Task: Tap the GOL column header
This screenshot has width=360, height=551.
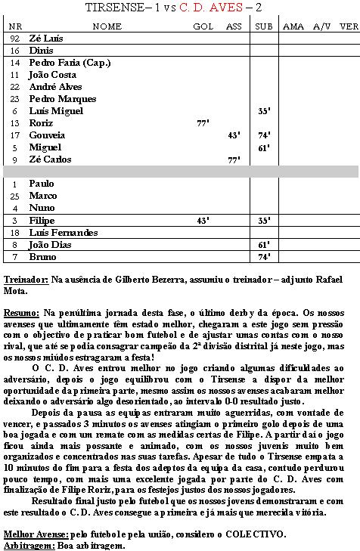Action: click(x=203, y=26)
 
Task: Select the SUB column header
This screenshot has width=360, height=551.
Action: click(x=264, y=26)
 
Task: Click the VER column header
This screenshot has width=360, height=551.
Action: click(x=349, y=26)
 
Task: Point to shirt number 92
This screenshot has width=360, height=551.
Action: click(x=15, y=38)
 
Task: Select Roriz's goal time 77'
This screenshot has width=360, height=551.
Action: click(x=203, y=122)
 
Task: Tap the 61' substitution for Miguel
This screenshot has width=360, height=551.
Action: click(x=264, y=147)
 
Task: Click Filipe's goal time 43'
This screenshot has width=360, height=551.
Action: click(x=203, y=220)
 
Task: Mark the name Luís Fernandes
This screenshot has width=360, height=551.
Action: click(x=64, y=233)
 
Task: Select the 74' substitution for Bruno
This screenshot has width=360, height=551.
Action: click(x=264, y=257)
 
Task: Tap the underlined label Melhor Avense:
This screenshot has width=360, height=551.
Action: click(x=38, y=534)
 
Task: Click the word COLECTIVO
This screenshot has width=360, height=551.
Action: click(x=251, y=534)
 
